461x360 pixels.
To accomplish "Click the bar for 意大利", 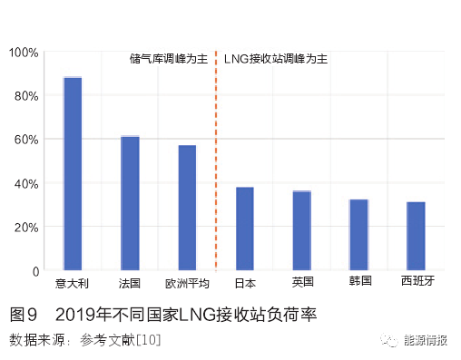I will [x=73, y=174].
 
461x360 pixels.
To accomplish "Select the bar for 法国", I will [x=130, y=203].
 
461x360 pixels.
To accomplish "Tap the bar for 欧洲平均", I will [x=187, y=208].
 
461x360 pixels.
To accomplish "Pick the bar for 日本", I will [x=245, y=229].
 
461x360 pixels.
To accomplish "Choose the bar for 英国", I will [x=302, y=230].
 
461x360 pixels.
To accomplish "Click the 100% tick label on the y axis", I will [x=24, y=53].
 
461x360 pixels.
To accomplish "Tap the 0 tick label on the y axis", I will [x=35, y=271].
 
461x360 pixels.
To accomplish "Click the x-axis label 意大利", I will [x=73, y=282].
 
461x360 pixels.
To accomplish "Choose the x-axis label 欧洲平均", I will [x=187, y=282].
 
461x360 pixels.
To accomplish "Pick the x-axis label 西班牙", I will [x=417, y=282].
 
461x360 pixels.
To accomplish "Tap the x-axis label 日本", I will [x=245, y=282].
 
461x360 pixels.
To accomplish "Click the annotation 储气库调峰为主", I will [x=169, y=59].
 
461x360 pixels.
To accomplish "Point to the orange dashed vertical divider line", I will [x=216, y=163].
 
